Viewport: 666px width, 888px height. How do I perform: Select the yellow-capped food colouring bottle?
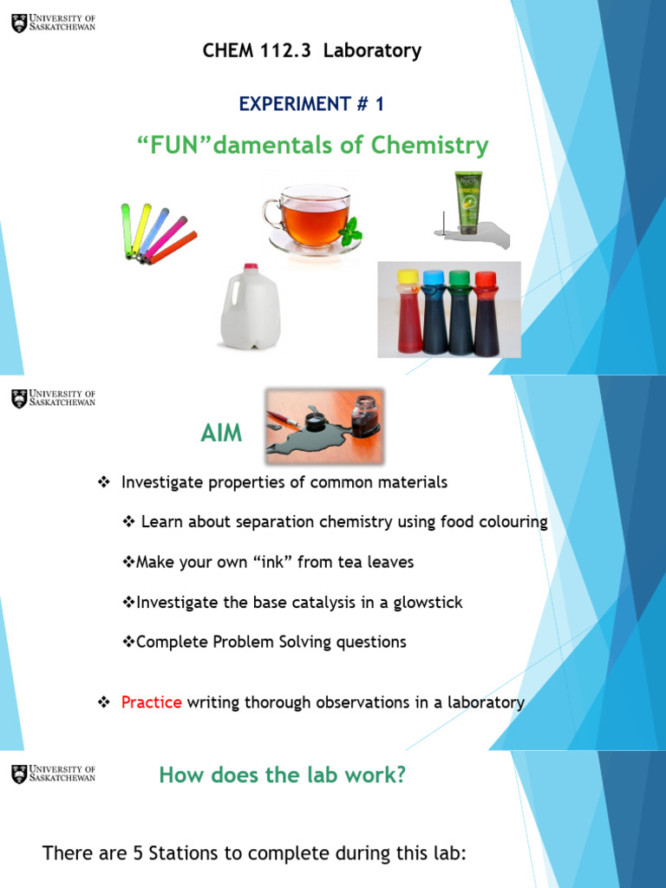click(x=408, y=312)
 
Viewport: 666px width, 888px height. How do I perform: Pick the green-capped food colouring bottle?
click(x=460, y=312)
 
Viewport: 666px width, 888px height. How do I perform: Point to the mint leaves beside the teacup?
click(x=349, y=232)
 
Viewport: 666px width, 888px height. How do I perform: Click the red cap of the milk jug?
click(x=251, y=267)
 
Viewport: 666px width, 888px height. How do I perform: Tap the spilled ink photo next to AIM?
click(x=324, y=425)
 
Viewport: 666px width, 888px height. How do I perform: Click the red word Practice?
click(x=152, y=702)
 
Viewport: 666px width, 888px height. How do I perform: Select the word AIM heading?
click(x=222, y=434)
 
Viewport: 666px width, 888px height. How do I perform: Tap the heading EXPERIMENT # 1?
click(x=311, y=104)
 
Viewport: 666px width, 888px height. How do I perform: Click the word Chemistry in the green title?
click(x=429, y=146)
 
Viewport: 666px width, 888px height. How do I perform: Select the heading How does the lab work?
click(x=282, y=775)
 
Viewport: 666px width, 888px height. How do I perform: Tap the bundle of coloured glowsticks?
click(x=156, y=232)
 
